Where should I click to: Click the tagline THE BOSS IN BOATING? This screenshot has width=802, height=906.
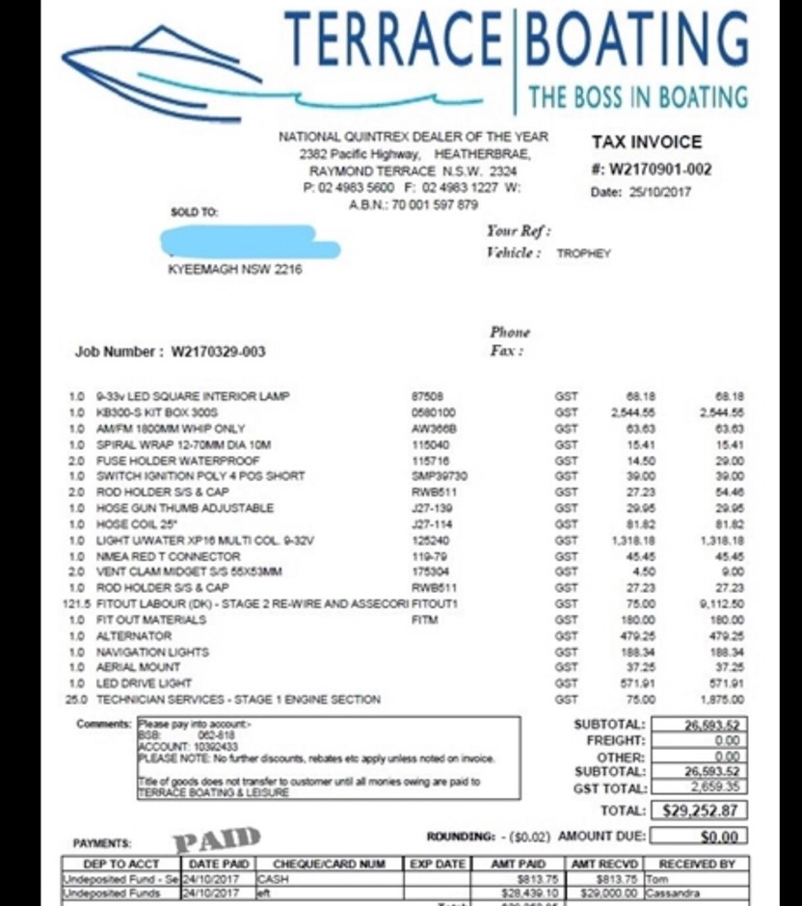point(637,96)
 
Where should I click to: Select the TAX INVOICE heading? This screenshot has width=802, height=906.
point(646,143)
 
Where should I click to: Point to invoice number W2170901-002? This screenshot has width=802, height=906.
point(651,170)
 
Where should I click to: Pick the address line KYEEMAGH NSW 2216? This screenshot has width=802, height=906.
point(234,270)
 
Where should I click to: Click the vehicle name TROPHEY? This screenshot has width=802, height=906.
point(584,253)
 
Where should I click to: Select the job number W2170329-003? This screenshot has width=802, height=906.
point(218,352)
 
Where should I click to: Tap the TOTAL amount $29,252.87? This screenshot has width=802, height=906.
point(702,811)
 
